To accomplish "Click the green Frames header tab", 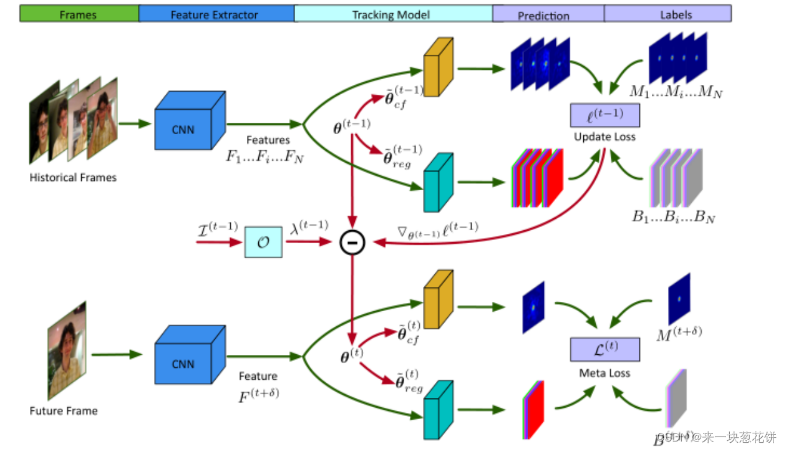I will click(78, 14).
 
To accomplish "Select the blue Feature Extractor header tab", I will click(215, 14).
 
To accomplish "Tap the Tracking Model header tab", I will click(392, 14).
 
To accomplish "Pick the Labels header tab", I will click(667, 14).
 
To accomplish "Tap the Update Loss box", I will click(604, 115).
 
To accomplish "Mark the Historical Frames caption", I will click(73, 178).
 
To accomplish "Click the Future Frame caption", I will click(64, 411).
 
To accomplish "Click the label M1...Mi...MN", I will click(675, 92).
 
